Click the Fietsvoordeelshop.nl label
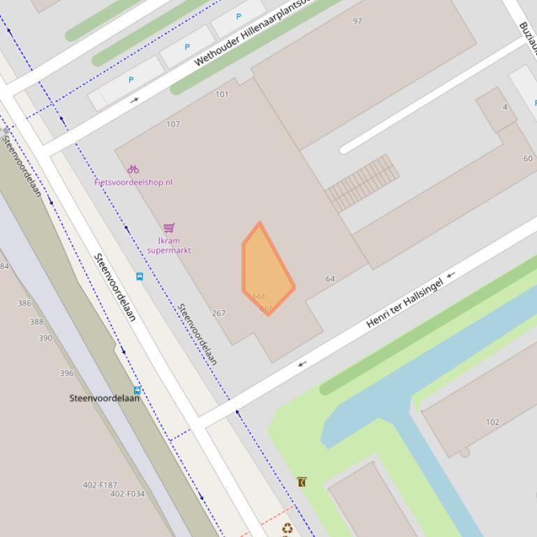133,182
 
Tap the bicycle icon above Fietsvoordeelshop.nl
133,169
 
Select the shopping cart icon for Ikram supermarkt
168,228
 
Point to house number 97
358,21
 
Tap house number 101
222,94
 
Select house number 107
173,124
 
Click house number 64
330,278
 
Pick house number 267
219,313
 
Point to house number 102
492,422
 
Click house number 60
528,158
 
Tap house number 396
66,373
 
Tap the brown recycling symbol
287,529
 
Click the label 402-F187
100,485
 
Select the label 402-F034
128,494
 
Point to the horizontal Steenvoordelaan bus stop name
104,398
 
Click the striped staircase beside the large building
362,183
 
